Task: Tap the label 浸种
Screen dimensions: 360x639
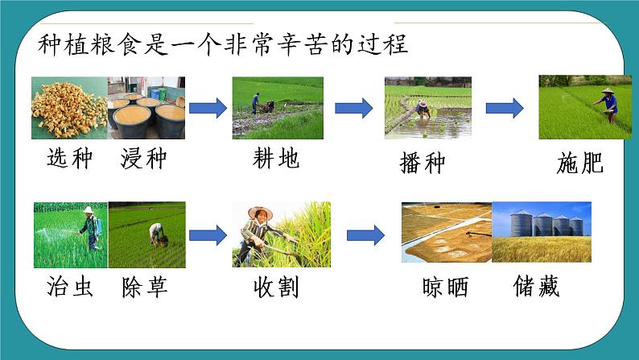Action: pyautogui.click(x=142, y=159)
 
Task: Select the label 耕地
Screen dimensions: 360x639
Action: pyautogui.click(x=276, y=159)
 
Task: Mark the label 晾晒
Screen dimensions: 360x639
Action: pyautogui.click(x=444, y=288)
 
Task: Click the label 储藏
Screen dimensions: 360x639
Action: pyautogui.click(x=536, y=288)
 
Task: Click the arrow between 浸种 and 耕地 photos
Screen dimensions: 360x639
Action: pyautogui.click(x=208, y=108)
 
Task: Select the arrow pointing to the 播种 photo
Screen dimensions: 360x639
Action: pyautogui.click(x=353, y=108)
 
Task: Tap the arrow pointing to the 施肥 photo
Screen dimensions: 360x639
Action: pyautogui.click(x=505, y=108)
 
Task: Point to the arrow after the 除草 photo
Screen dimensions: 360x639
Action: pyautogui.click(x=208, y=235)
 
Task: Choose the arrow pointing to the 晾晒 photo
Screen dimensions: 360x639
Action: pyautogui.click(x=365, y=235)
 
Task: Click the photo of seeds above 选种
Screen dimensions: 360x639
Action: pyautogui.click(x=70, y=108)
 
